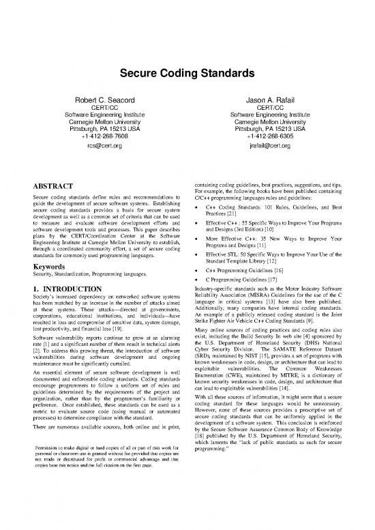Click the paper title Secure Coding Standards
[187, 70]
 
